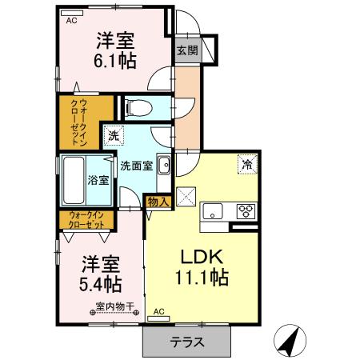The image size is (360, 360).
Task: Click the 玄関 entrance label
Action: [x=186, y=50]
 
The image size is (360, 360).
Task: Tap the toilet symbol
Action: [x=135, y=106]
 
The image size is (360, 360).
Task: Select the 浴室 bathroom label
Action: [x=98, y=181]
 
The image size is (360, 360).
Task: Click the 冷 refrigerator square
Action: [x=247, y=165]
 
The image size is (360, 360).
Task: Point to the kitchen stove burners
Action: [x=246, y=212]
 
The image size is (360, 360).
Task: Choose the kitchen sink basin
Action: [x=214, y=212]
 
